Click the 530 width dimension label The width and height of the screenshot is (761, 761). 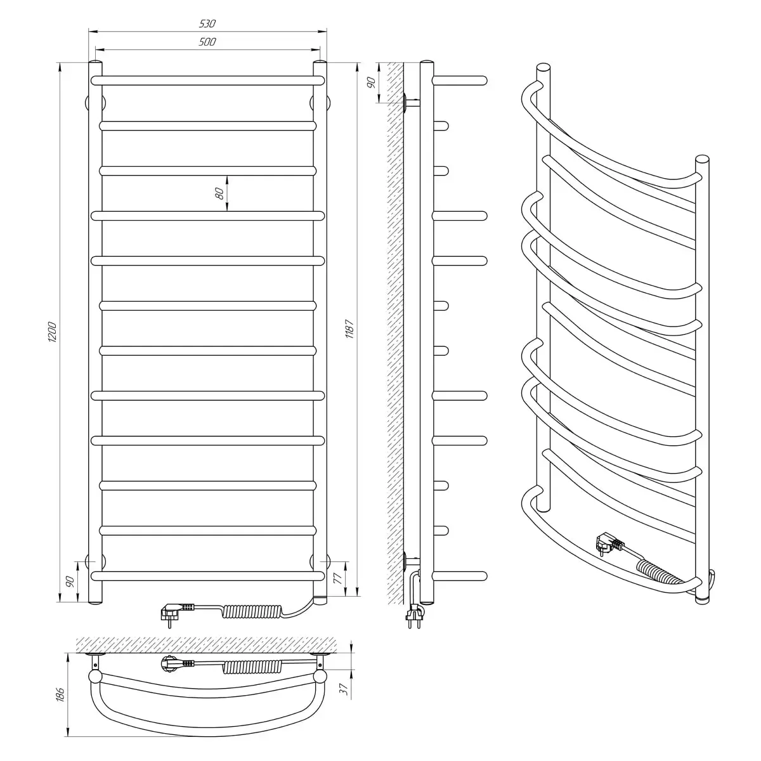pyautogui.click(x=207, y=23)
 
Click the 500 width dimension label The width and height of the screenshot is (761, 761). pyautogui.click(x=207, y=42)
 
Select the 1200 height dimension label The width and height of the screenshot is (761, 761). pyautogui.click(x=53, y=332)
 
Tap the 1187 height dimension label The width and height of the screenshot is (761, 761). pyautogui.click(x=349, y=329)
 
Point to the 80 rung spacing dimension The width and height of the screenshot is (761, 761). pyautogui.click(x=220, y=193)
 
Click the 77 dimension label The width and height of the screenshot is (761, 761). pyautogui.click(x=337, y=578)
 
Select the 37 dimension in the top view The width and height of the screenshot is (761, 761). pyautogui.click(x=344, y=689)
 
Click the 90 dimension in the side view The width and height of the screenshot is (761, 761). pyautogui.click(x=370, y=82)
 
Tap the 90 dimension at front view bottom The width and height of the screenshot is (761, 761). pyautogui.click(x=70, y=582)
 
